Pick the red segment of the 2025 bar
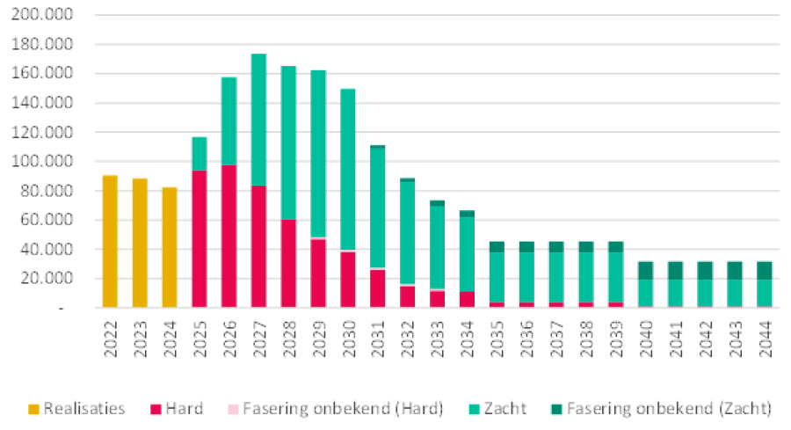click(199, 238)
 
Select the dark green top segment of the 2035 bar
click(497, 246)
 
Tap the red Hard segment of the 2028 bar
click(288, 263)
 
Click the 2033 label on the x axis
click(437, 337)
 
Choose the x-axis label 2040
click(646, 337)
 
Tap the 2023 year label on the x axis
click(140, 337)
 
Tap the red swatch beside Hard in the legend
click(156, 409)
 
